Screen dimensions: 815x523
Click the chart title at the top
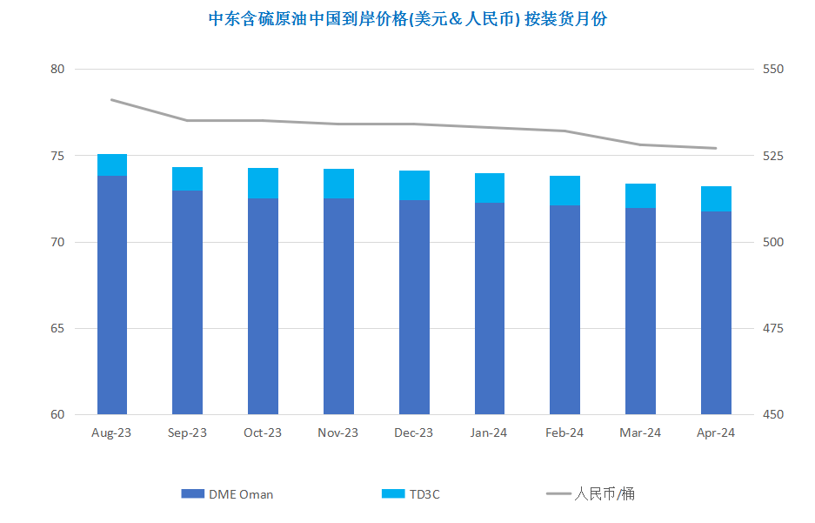407,19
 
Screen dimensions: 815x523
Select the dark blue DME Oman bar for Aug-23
112,295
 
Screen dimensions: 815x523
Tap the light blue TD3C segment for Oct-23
263,183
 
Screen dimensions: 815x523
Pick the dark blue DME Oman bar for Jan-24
490,308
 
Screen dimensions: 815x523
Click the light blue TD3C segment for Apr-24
716,198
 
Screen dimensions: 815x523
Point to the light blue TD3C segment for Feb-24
565,191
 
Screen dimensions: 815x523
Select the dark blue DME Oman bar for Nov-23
339,306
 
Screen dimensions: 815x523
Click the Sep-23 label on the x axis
187,432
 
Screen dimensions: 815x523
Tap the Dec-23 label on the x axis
414,432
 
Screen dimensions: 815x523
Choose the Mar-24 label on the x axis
640,432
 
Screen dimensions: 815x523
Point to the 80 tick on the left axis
57,69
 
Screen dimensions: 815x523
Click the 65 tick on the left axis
57,329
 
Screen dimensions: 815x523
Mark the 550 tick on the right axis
773,69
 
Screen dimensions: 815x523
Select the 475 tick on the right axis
773,329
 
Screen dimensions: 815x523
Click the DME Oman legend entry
227,494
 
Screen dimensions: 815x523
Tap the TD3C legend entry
411,494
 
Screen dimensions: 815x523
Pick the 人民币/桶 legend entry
591,494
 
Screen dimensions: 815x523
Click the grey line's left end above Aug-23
111,100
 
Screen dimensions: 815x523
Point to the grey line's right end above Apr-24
716,148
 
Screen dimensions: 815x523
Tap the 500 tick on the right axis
773,242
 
